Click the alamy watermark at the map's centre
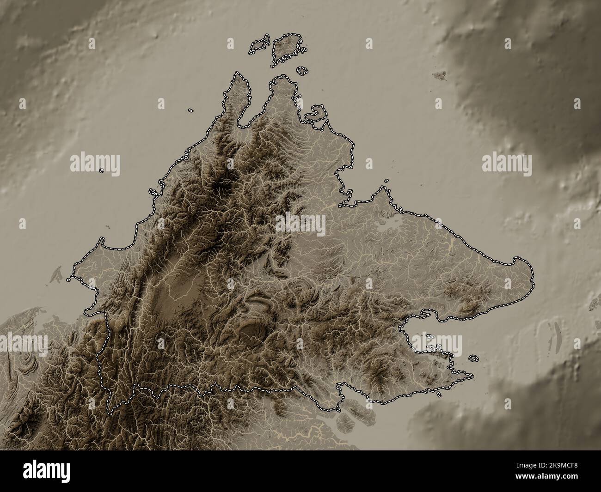coord(300,225)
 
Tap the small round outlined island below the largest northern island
coord(302,71)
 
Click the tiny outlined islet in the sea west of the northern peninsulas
coord(190,111)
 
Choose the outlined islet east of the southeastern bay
coord(473,358)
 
